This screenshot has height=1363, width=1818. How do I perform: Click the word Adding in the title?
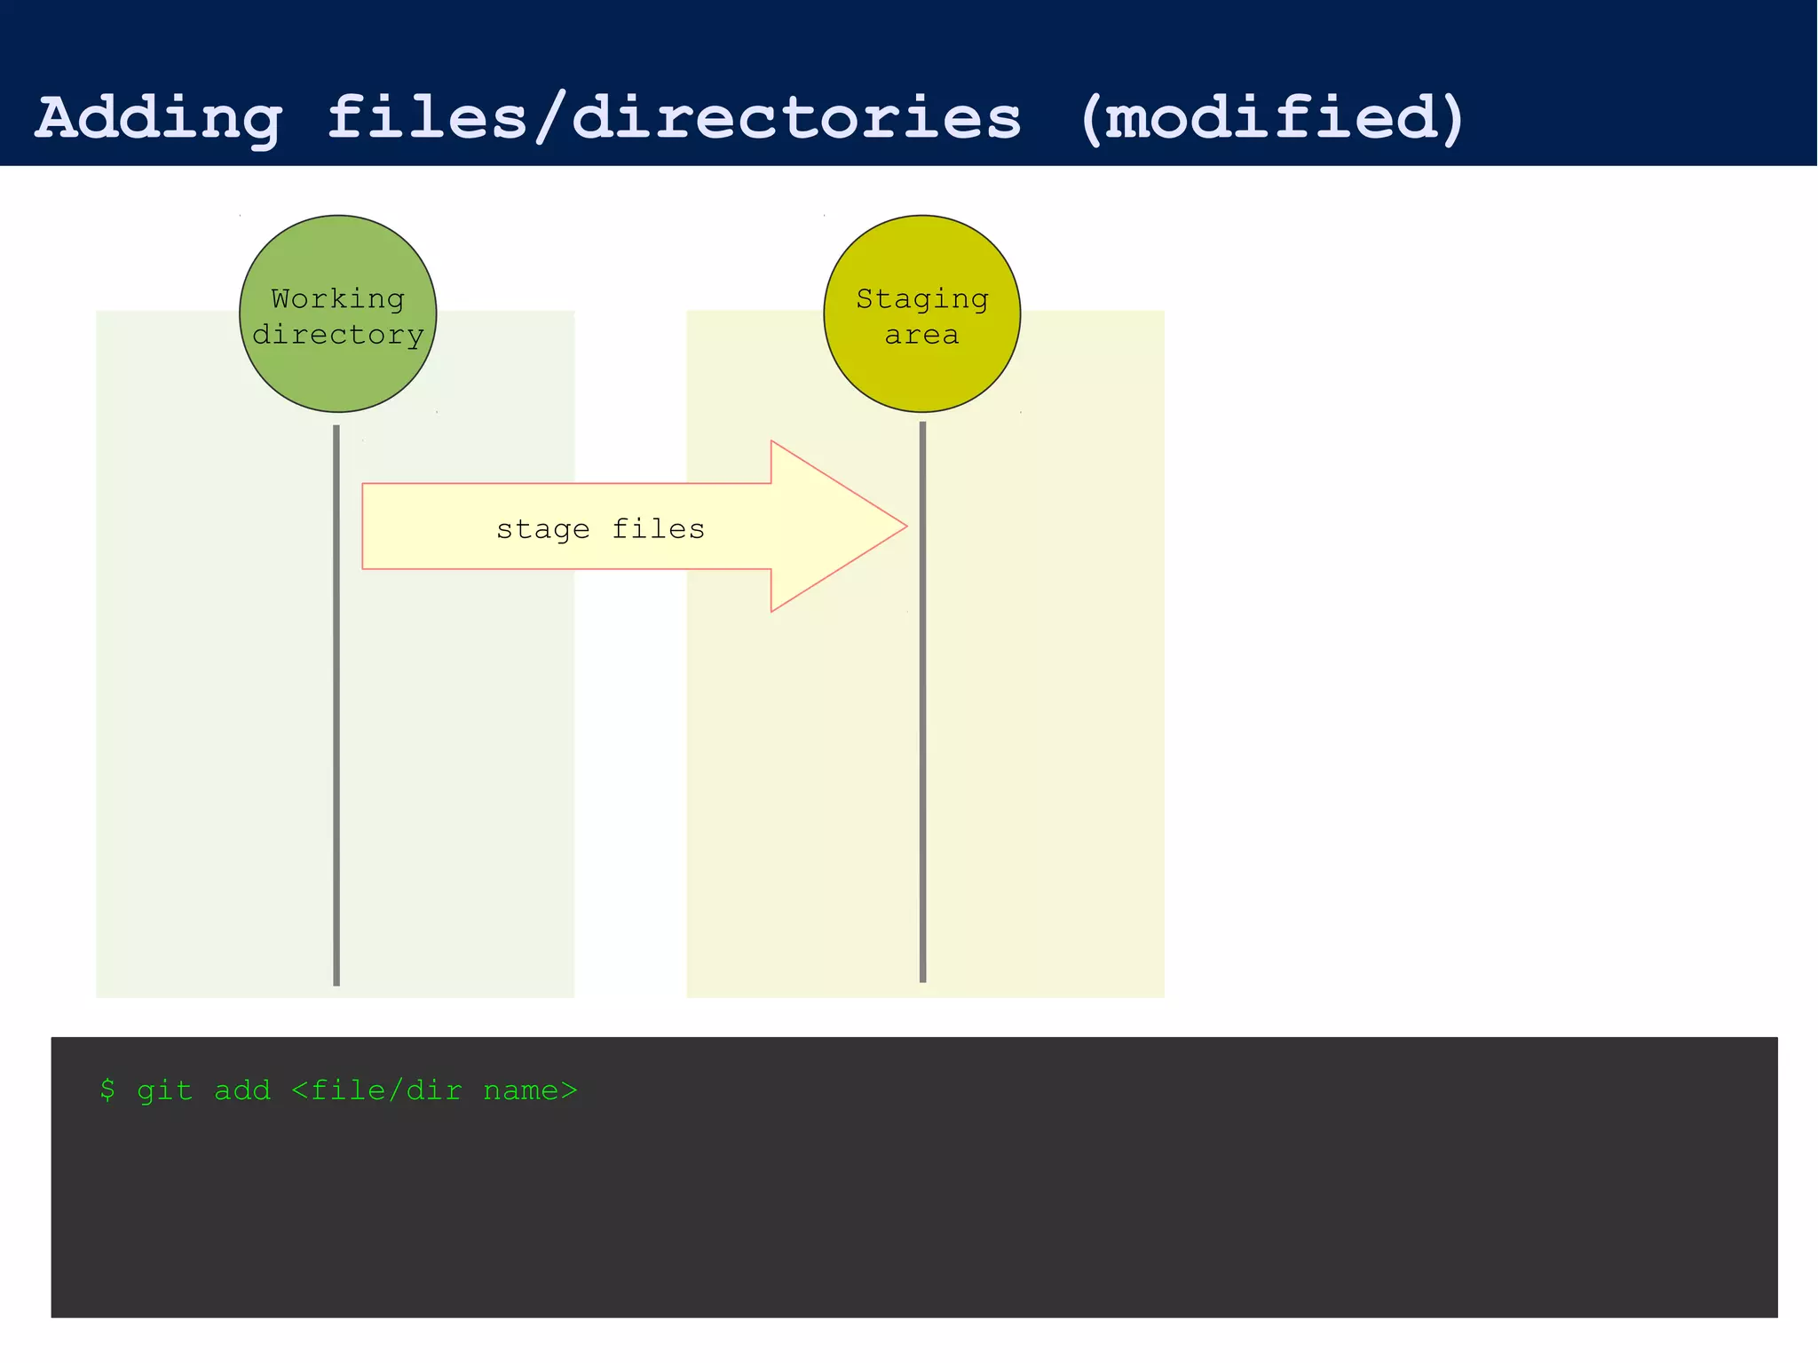(x=159, y=119)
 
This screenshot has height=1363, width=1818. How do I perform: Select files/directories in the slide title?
(x=675, y=117)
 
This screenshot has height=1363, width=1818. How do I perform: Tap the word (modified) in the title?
(x=1272, y=117)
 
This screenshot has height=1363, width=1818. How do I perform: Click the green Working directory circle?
(x=337, y=373)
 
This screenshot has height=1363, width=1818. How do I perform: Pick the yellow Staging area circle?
(x=921, y=373)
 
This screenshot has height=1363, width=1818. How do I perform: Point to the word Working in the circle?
(x=337, y=298)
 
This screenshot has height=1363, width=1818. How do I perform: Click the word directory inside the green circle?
(x=337, y=335)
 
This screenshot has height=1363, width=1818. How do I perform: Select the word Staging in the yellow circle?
(x=921, y=299)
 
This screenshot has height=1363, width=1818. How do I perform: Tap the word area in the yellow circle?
(x=921, y=336)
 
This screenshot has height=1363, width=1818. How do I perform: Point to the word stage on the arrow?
(x=542, y=529)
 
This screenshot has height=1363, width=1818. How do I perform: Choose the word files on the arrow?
(x=658, y=528)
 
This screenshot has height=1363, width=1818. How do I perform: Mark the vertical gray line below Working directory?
(x=336, y=710)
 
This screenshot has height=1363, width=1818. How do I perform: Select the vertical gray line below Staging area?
(x=922, y=710)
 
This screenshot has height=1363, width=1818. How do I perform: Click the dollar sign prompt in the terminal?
(x=107, y=1090)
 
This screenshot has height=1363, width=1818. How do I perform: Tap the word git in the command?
(x=165, y=1090)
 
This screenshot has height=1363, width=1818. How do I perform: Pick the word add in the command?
(x=242, y=1090)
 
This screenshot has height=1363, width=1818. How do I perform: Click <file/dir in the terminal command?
(x=376, y=1090)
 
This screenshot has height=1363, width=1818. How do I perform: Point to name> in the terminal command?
(x=530, y=1090)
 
